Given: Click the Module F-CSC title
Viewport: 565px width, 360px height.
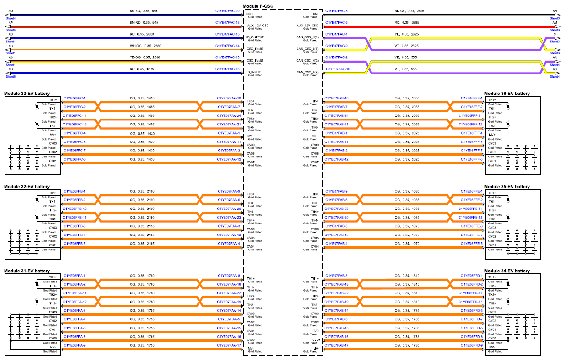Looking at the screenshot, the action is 258,6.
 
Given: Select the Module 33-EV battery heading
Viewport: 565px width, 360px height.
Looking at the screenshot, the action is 27,94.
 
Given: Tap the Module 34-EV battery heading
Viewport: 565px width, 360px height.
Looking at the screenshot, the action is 507,271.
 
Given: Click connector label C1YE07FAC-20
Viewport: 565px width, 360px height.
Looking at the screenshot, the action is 227,11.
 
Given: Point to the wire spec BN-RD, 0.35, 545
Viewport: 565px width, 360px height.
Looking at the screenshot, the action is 144,23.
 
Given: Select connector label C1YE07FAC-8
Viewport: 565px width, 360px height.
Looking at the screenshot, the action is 336,11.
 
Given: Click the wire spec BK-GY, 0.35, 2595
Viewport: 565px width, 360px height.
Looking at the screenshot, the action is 409,11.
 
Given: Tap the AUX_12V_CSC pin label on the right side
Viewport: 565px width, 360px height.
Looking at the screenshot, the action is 308,26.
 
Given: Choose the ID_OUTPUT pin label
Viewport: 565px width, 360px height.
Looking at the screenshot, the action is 255,37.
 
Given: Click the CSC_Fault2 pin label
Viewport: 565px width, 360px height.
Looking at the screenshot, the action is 255,49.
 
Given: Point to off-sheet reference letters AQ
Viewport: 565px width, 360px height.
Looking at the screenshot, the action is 10,11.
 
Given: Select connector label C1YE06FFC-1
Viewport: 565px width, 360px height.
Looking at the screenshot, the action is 74,98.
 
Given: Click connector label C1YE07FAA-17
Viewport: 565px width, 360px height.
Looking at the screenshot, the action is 229,346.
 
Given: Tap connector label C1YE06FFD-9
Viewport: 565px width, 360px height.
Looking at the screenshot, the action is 472,346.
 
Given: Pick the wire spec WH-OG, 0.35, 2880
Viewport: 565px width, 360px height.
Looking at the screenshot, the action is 145,46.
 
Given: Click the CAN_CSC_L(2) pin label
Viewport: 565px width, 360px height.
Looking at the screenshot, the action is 308,73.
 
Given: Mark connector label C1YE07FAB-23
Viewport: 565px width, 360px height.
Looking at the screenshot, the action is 336,209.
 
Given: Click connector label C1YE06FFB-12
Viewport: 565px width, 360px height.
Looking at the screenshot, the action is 74,209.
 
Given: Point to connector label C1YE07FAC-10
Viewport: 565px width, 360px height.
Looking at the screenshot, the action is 338,69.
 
